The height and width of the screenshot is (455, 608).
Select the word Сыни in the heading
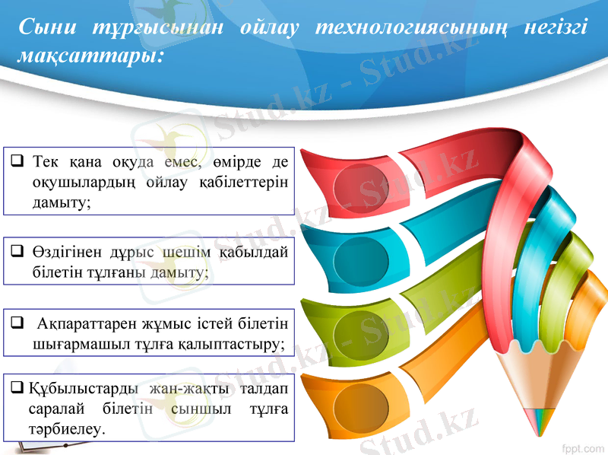click(x=47, y=28)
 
